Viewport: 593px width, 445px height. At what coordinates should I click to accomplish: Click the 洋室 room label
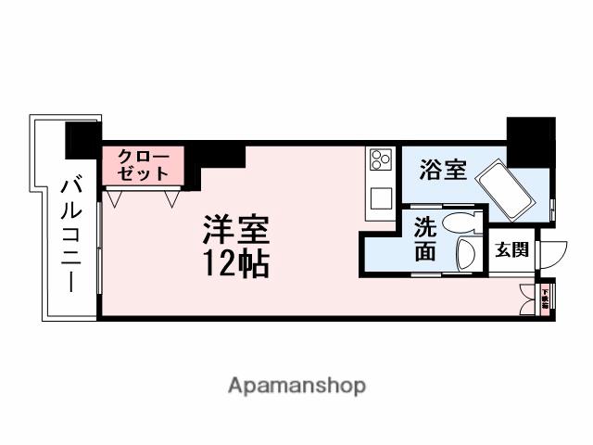coord(235,228)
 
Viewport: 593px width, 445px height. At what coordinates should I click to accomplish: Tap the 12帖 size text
coord(235,264)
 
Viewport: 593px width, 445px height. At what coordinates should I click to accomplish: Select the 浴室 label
coord(440,171)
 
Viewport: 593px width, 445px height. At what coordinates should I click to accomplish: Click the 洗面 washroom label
coord(425,238)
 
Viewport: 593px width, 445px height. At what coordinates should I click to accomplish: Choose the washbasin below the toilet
coord(465,255)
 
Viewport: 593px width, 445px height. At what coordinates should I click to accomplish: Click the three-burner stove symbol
coord(380,160)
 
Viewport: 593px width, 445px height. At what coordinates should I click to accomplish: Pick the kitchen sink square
coord(380,197)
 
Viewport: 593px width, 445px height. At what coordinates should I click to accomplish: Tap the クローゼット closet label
coord(143,164)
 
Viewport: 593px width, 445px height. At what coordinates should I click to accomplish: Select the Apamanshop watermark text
coord(296,385)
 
